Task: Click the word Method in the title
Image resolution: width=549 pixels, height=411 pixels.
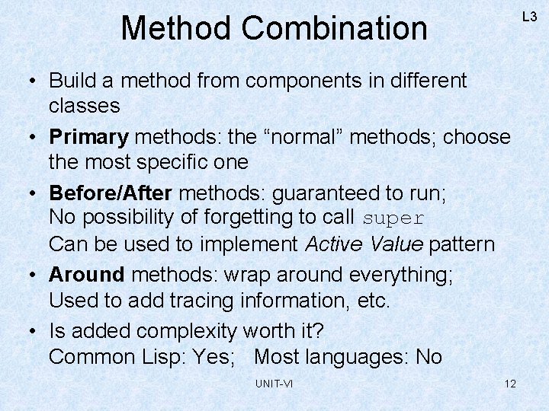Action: pos(177,29)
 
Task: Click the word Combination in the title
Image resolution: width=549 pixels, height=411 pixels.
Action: pos(335,29)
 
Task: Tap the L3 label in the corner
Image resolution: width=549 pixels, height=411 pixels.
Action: pos(529,15)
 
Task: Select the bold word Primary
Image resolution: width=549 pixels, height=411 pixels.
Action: pos(88,138)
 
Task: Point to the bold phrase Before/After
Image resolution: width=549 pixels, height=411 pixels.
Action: pos(110,193)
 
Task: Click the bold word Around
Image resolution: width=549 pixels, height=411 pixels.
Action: pos(86,275)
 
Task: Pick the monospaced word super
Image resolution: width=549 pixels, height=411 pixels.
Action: pos(393,218)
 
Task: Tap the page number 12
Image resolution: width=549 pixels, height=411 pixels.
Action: pos(510,383)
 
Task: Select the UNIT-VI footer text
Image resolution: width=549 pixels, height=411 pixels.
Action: pos(274,383)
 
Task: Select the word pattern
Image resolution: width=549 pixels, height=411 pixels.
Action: pos(462,244)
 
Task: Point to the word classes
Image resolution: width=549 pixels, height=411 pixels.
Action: pos(84,105)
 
